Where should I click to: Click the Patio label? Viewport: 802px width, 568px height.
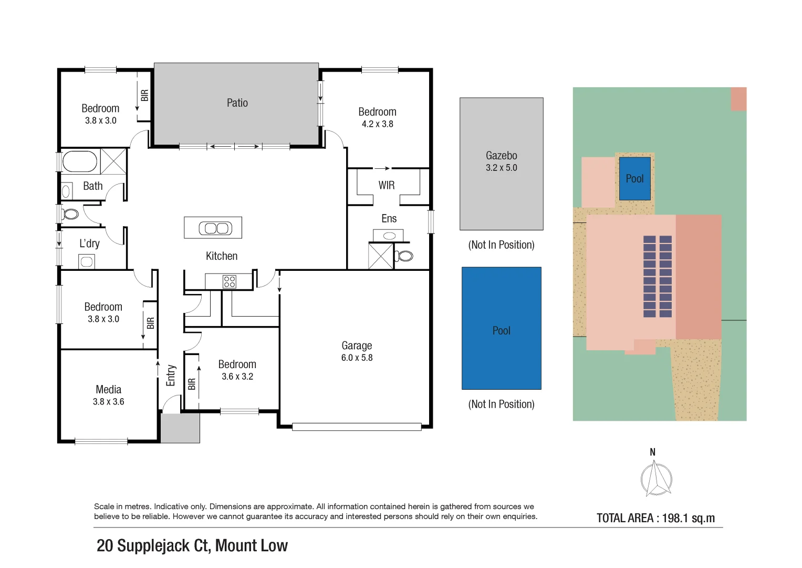point(237,103)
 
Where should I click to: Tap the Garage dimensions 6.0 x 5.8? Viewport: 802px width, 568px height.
point(357,358)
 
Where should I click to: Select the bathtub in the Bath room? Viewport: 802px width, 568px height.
point(80,161)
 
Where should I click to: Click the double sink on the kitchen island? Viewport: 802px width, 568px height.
point(215,228)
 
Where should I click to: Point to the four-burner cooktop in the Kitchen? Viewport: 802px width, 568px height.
point(230,282)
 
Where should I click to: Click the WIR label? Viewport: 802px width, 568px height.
point(387,185)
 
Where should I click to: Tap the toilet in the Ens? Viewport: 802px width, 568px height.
point(404,256)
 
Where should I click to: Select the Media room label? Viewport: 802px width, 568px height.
point(108,390)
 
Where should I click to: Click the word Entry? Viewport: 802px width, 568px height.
point(171,376)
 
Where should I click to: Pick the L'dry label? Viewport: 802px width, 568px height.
point(89,244)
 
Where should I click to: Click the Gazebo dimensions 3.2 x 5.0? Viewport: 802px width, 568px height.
point(501,168)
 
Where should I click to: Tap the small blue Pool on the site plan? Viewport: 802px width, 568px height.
point(634,179)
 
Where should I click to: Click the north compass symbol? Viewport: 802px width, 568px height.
point(655,478)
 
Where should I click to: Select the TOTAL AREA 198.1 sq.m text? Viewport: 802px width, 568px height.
point(655,518)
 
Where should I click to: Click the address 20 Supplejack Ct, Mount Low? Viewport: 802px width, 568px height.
point(192,546)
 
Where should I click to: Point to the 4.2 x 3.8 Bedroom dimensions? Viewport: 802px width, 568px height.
point(377,124)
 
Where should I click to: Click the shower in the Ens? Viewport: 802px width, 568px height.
point(381,256)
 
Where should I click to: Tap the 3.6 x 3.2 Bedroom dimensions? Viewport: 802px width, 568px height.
point(237,377)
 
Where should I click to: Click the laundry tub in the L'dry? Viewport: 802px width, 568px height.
point(87,261)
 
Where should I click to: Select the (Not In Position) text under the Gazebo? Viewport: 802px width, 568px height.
point(501,245)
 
